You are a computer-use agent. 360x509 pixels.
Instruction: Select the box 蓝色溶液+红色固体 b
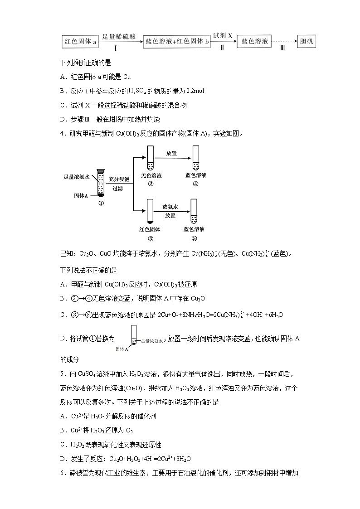point(177,42)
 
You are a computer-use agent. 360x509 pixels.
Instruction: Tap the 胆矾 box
point(307,42)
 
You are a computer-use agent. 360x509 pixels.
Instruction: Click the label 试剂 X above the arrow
point(223,35)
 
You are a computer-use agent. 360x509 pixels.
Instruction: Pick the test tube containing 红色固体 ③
point(151,210)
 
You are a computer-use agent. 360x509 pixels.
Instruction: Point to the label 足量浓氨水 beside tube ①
point(78,177)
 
